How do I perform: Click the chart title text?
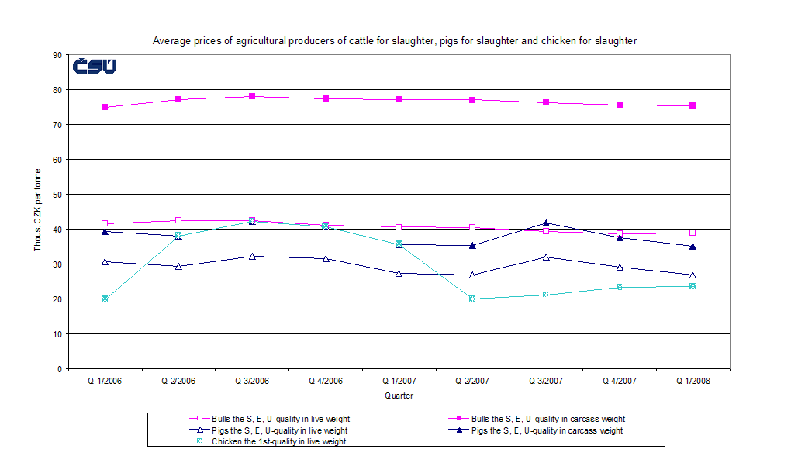[394, 41]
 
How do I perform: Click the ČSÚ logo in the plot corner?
[95, 67]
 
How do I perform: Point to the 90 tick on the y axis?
[57, 55]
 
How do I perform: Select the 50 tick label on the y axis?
[57, 195]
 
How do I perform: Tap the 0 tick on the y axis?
[59, 369]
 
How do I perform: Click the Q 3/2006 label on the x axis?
[251, 382]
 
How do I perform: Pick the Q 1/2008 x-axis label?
[692, 382]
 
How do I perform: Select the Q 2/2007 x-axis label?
[471, 382]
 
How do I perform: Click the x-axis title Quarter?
[399, 396]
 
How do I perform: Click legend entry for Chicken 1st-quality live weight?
[278, 441]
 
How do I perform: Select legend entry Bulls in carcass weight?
[537, 420]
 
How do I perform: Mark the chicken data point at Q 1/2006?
[105, 299]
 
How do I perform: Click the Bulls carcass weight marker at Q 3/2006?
[252, 96]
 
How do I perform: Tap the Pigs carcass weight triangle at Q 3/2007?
[546, 223]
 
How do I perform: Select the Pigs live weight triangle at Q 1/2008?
[693, 275]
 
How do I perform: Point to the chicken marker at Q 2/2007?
[472, 299]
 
